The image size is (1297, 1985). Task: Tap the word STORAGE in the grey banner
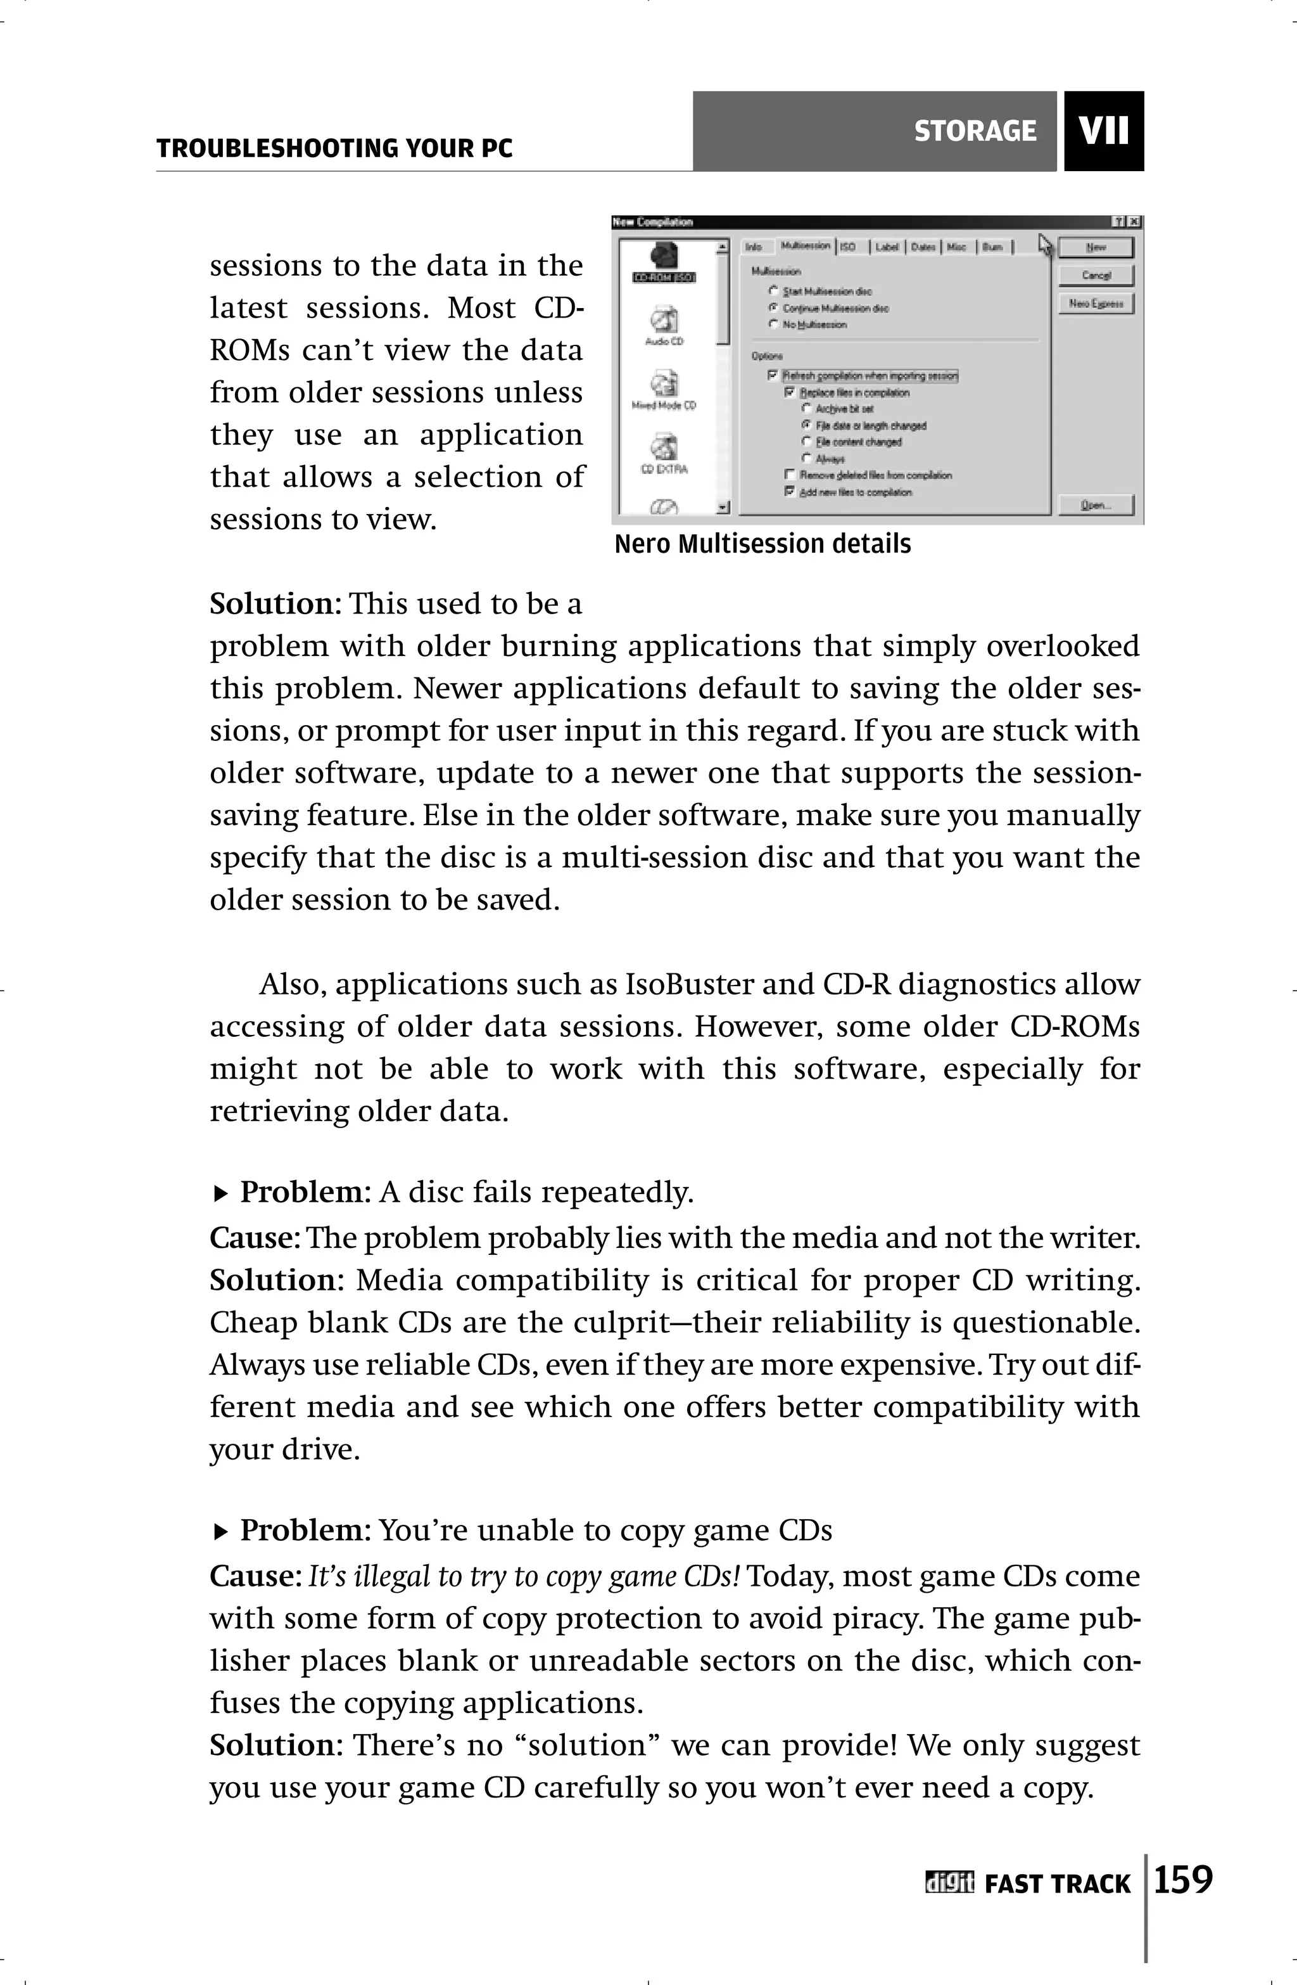(x=975, y=131)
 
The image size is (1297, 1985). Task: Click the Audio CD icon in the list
(x=664, y=321)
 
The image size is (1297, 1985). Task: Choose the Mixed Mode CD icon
(x=664, y=385)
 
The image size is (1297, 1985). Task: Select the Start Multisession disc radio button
(x=773, y=291)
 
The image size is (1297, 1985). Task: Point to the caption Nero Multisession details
(x=762, y=544)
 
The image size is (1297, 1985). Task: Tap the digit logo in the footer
(x=949, y=1883)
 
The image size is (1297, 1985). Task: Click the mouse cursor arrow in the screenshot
(x=1046, y=245)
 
